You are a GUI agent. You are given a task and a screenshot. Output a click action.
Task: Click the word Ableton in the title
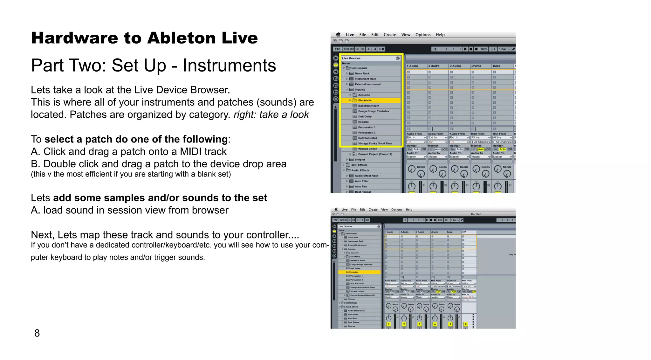coord(181,38)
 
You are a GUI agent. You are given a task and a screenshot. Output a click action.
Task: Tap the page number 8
coord(37,333)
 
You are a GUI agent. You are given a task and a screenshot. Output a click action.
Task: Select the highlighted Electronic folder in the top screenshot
coord(365,100)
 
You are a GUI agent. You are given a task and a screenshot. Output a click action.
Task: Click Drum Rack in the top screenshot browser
coord(362,73)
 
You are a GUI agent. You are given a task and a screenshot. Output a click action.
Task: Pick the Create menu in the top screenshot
coord(390,35)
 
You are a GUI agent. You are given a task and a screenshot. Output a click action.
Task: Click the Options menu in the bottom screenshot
coord(396,210)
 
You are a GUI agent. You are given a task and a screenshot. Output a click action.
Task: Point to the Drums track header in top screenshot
coord(476,66)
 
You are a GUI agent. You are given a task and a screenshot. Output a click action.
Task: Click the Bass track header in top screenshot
coord(497,66)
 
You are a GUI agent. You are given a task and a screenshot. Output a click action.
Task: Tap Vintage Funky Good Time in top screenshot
coord(375,143)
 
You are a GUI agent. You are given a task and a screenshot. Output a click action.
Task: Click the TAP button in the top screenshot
coord(337,49)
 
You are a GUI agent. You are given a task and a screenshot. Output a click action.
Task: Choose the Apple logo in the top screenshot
coord(338,35)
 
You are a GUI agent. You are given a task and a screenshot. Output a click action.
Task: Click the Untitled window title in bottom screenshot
coord(476,214)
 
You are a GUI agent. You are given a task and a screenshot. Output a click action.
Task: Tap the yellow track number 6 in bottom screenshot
coord(465,324)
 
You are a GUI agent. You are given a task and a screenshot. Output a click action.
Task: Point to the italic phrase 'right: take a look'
coord(271,115)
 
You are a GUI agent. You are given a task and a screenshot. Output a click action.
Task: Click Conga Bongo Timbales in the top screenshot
coord(373,111)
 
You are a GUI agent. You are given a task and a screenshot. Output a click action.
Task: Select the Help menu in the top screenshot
coord(440,35)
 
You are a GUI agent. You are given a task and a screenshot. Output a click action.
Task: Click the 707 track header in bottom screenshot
coord(464,232)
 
